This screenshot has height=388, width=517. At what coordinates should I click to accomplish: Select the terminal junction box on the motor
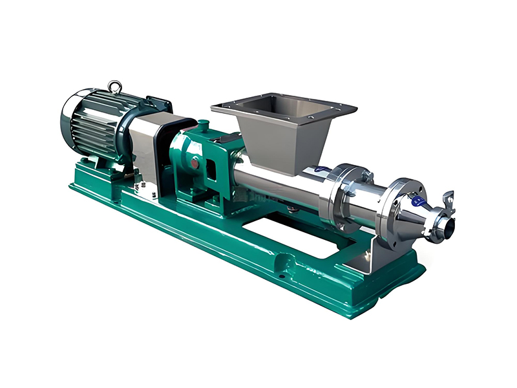point(158,103)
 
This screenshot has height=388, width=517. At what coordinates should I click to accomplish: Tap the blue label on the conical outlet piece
point(417,201)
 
